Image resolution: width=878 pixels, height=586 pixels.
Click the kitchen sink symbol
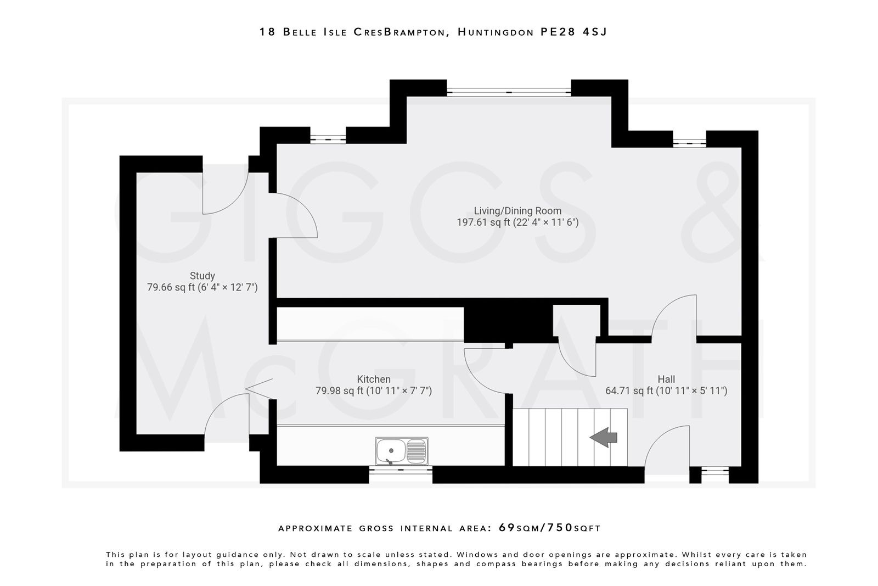(x=402, y=451)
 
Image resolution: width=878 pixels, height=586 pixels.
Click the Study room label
(x=202, y=276)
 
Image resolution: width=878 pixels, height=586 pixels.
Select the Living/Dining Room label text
(x=517, y=211)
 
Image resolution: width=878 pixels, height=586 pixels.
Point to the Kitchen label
(x=374, y=379)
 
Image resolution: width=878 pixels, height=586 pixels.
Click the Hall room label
(x=666, y=379)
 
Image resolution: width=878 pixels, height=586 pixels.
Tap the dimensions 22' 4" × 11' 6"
(x=546, y=222)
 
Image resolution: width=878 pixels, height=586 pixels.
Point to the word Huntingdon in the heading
(x=496, y=32)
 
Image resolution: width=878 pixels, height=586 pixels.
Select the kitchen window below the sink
(x=401, y=470)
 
